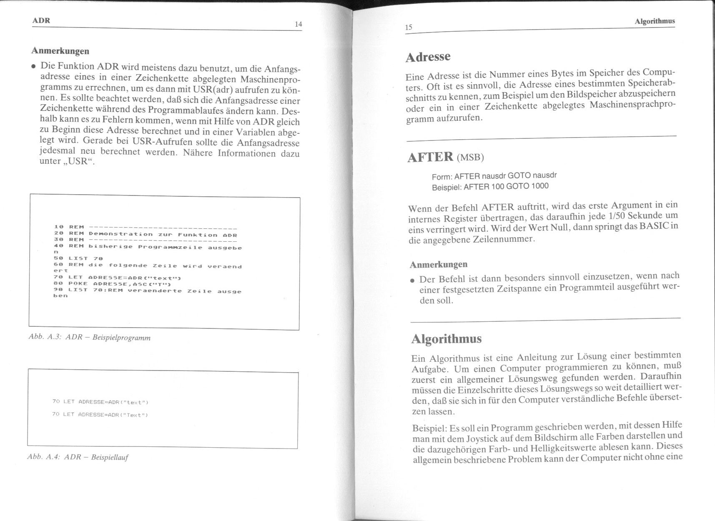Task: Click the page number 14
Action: click(298, 24)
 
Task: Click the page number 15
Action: click(409, 28)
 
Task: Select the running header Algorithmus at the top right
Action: click(655, 21)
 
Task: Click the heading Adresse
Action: click(428, 57)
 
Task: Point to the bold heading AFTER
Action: click(430, 157)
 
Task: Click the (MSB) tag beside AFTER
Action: click(470, 158)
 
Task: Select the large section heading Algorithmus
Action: click(446, 339)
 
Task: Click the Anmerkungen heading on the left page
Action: click(60, 51)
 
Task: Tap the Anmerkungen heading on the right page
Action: click(439, 265)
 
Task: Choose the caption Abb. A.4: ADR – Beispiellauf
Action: click(78, 457)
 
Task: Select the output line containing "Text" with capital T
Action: click(100, 415)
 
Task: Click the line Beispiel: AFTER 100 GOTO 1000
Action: click(490, 186)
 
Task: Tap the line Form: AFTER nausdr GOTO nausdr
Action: click(494, 176)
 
